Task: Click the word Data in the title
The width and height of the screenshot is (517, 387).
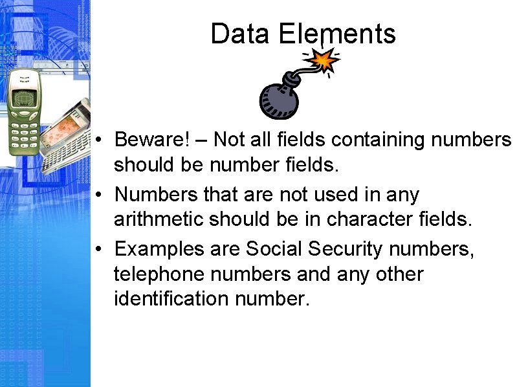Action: click(239, 34)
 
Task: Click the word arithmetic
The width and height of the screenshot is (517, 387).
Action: click(158, 220)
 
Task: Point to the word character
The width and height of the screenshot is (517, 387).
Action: click(370, 220)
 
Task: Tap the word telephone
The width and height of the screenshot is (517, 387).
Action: click(153, 274)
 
